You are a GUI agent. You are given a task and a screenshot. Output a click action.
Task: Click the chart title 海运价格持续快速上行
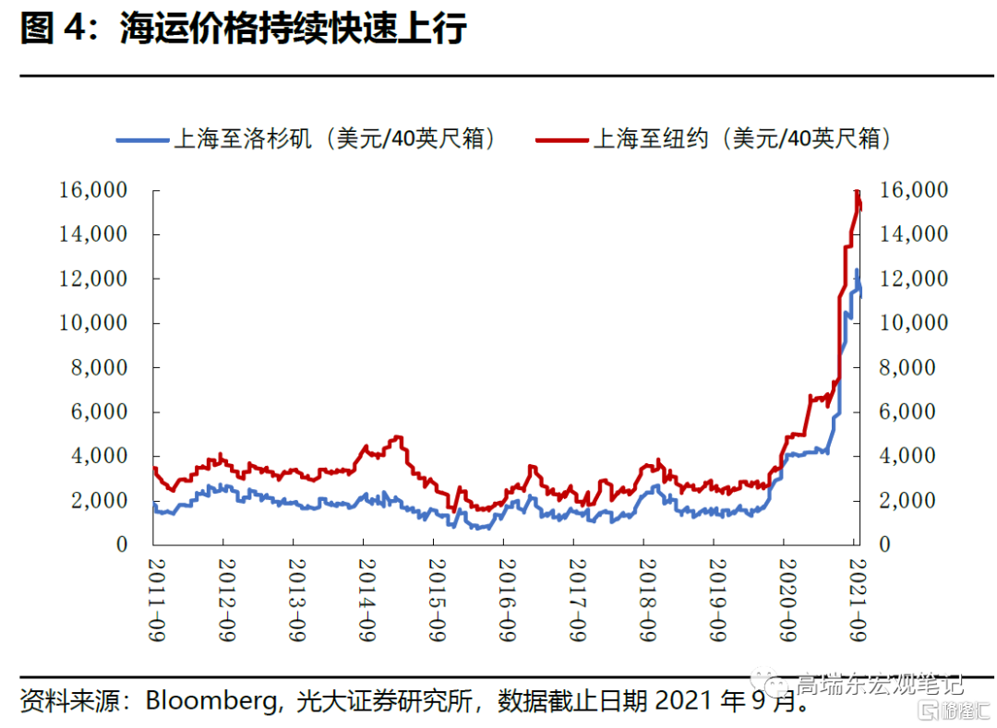tap(293, 30)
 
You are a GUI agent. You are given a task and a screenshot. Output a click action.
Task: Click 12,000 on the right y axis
tap(915, 280)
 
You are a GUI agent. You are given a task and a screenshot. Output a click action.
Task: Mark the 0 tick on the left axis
tap(122, 545)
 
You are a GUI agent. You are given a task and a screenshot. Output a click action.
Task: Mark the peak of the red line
tap(858, 192)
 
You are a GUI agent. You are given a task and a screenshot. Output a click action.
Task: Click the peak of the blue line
tap(857, 270)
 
